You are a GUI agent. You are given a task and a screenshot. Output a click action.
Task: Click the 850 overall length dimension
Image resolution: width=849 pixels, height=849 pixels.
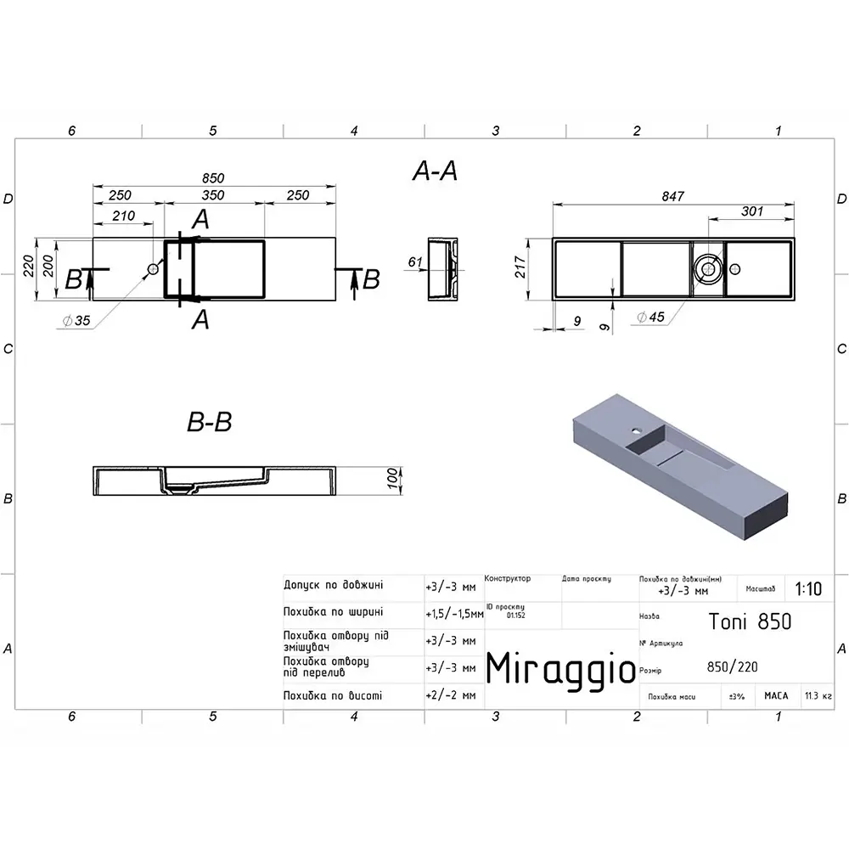click(213, 178)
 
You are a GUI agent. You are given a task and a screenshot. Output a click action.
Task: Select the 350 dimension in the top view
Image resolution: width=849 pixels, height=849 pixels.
click(213, 195)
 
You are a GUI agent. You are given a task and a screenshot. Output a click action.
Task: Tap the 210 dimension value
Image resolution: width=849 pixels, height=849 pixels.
click(123, 216)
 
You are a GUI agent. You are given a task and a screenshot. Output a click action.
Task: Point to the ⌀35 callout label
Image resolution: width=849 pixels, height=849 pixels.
click(76, 321)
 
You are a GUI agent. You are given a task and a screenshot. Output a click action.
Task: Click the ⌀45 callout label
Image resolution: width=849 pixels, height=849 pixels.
click(651, 317)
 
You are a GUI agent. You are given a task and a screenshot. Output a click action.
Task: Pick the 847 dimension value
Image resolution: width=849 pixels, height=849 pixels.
click(673, 197)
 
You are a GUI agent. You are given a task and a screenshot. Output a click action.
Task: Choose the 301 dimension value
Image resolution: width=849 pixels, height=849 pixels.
click(752, 211)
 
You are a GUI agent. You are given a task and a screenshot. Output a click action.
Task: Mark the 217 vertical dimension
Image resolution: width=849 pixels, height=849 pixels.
click(520, 267)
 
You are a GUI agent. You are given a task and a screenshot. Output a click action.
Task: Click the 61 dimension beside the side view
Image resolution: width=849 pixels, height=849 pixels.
click(415, 262)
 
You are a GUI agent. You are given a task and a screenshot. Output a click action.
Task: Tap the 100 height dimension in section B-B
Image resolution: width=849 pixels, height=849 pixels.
click(392, 478)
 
